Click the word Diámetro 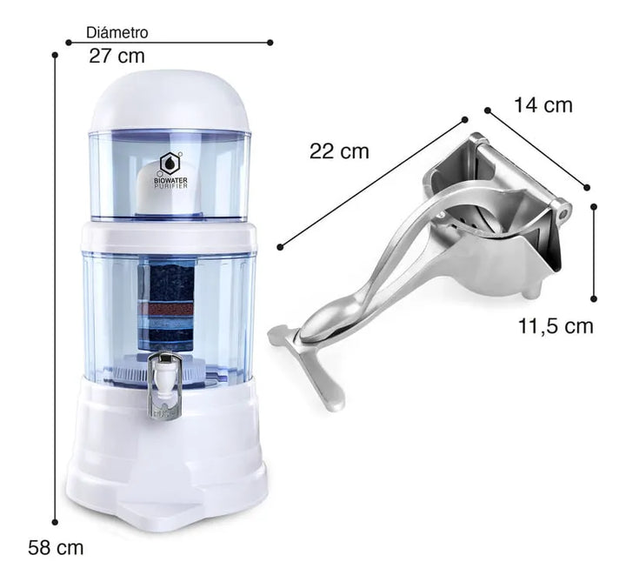click(x=117, y=33)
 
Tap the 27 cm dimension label click(x=117, y=57)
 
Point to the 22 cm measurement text click(x=339, y=151)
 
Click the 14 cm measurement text click(x=543, y=105)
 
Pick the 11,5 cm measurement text click(x=556, y=326)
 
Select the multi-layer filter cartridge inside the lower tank click(x=171, y=304)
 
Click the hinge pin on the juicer click(x=563, y=211)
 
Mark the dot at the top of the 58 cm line click(x=55, y=55)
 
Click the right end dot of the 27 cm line click(x=270, y=42)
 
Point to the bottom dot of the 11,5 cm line click(x=594, y=298)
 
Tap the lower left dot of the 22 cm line click(x=281, y=247)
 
